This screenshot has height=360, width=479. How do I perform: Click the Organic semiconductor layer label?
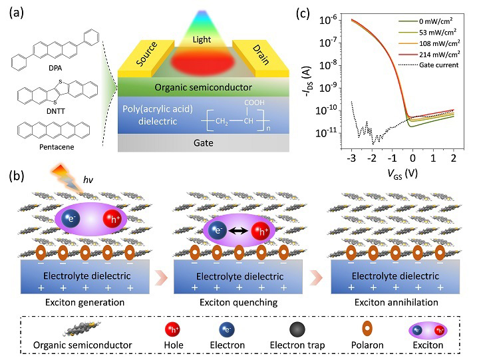coord(198,87)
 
